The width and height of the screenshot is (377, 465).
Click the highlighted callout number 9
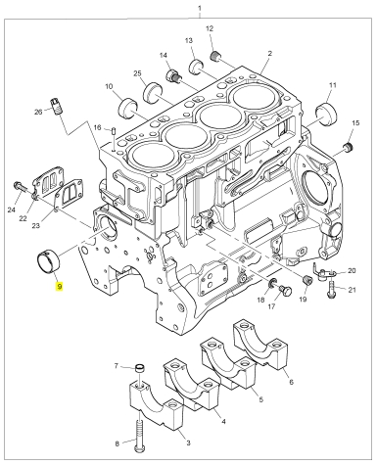(x=59, y=287)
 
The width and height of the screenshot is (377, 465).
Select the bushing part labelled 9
(x=48, y=260)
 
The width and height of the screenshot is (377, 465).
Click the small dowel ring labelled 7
(x=140, y=369)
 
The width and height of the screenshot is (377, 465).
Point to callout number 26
(x=38, y=112)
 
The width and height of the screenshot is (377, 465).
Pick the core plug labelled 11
(x=326, y=114)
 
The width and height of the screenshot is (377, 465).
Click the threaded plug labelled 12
(x=214, y=56)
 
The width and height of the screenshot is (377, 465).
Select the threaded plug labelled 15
(x=348, y=147)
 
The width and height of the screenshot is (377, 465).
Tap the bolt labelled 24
(x=20, y=187)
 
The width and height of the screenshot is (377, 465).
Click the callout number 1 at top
(x=200, y=8)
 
